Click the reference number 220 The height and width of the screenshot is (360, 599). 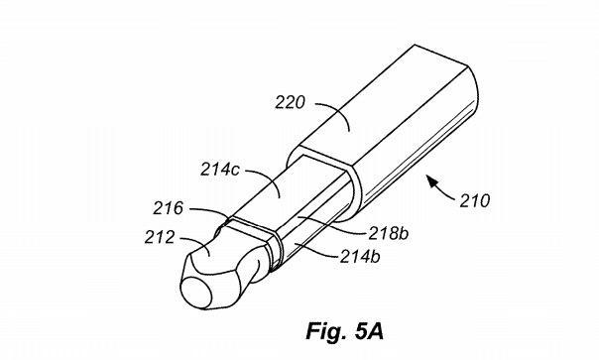pyautogui.click(x=291, y=103)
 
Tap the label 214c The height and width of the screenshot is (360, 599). pyautogui.click(x=220, y=170)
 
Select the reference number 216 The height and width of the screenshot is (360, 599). pyautogui.click(x=168, y=208)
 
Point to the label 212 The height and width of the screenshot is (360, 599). pyautogui.click(x=160, y=237)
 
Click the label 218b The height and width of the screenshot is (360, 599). pyautogui.click(x=388, y=233)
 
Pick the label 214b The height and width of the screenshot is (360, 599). pyautogui.click(x=360, y=257)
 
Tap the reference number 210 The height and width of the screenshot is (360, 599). pyautogui.click(x=474, y=200)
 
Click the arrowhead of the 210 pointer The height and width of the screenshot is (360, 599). pyautogui.click(x=432, y=180)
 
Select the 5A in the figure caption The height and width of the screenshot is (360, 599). pyautogui.click(x=369, y=331)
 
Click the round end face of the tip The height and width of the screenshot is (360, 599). pyautogui.click(x=196, y=294)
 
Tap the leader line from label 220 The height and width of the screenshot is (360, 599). pyautogui.click(x=336, y=112)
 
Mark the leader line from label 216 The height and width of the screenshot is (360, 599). pyautogui.click(x=211, y=212)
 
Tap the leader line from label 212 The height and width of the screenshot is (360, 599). pyautogui.click(x=198, y=243)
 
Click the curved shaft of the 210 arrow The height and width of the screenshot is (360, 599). pyautogui.click(x=444, y=191)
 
